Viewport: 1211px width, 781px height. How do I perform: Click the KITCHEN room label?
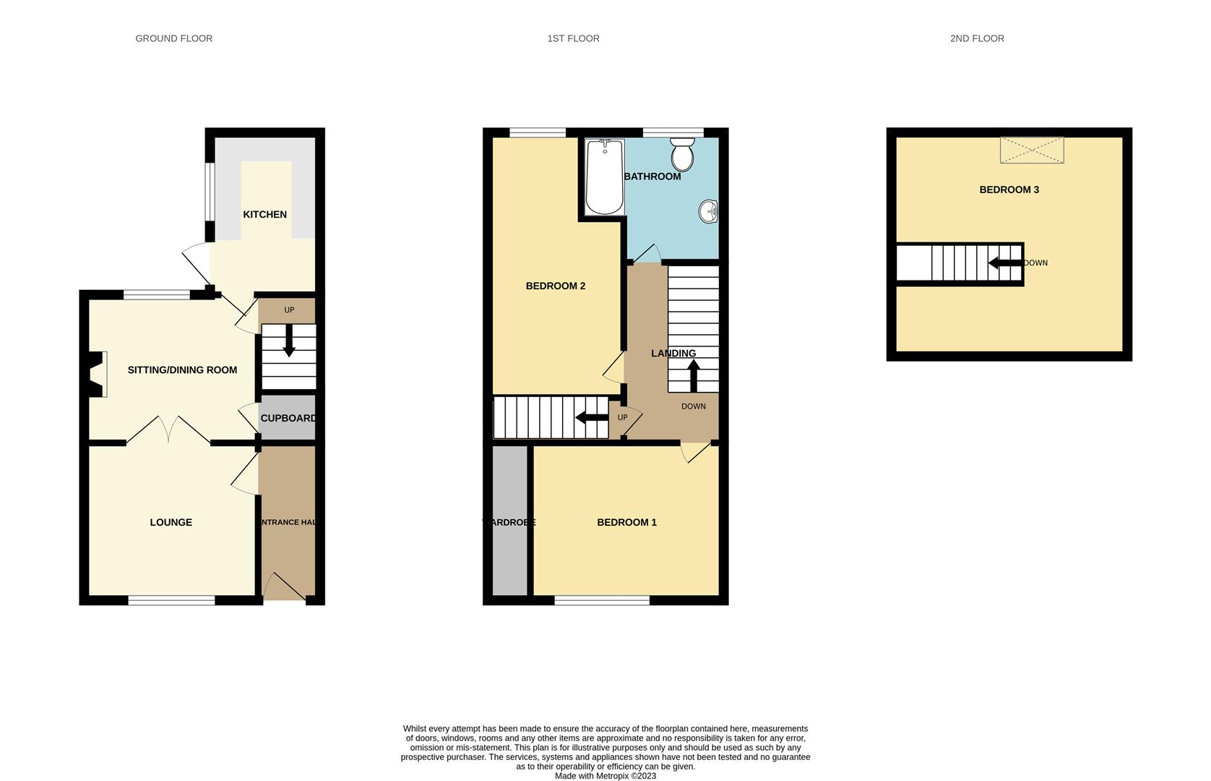264,215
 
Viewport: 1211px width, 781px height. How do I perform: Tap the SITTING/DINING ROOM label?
182,370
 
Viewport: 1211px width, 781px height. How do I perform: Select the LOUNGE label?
171,522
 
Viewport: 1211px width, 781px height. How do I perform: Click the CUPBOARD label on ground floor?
288,418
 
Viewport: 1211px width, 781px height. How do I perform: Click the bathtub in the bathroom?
605,177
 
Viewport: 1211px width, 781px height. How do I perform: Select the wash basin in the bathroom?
708,212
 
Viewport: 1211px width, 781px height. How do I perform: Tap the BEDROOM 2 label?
555,286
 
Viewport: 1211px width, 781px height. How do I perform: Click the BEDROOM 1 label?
626,522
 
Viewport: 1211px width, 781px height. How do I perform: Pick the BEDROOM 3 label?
1009,189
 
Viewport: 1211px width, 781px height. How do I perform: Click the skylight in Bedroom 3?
1031,150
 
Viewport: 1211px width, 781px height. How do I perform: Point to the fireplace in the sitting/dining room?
97,374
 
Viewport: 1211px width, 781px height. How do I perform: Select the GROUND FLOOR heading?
173,38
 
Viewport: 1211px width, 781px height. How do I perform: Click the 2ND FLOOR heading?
977,38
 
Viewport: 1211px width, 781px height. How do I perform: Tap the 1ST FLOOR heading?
573,38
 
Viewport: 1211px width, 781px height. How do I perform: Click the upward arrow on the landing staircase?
693,375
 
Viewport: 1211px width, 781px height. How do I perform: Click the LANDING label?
673,354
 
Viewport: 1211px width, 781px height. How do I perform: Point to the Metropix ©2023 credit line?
605,776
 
